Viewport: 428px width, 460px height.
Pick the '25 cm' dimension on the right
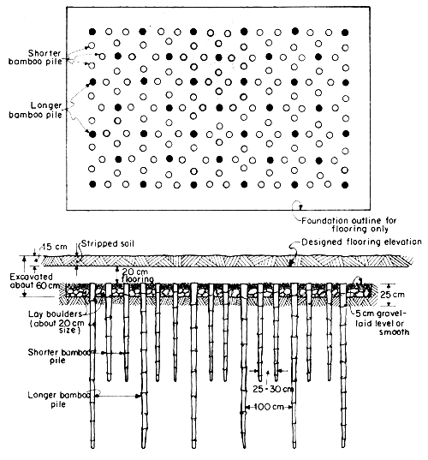(404, 296)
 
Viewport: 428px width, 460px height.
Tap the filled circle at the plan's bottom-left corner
(90, 184)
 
